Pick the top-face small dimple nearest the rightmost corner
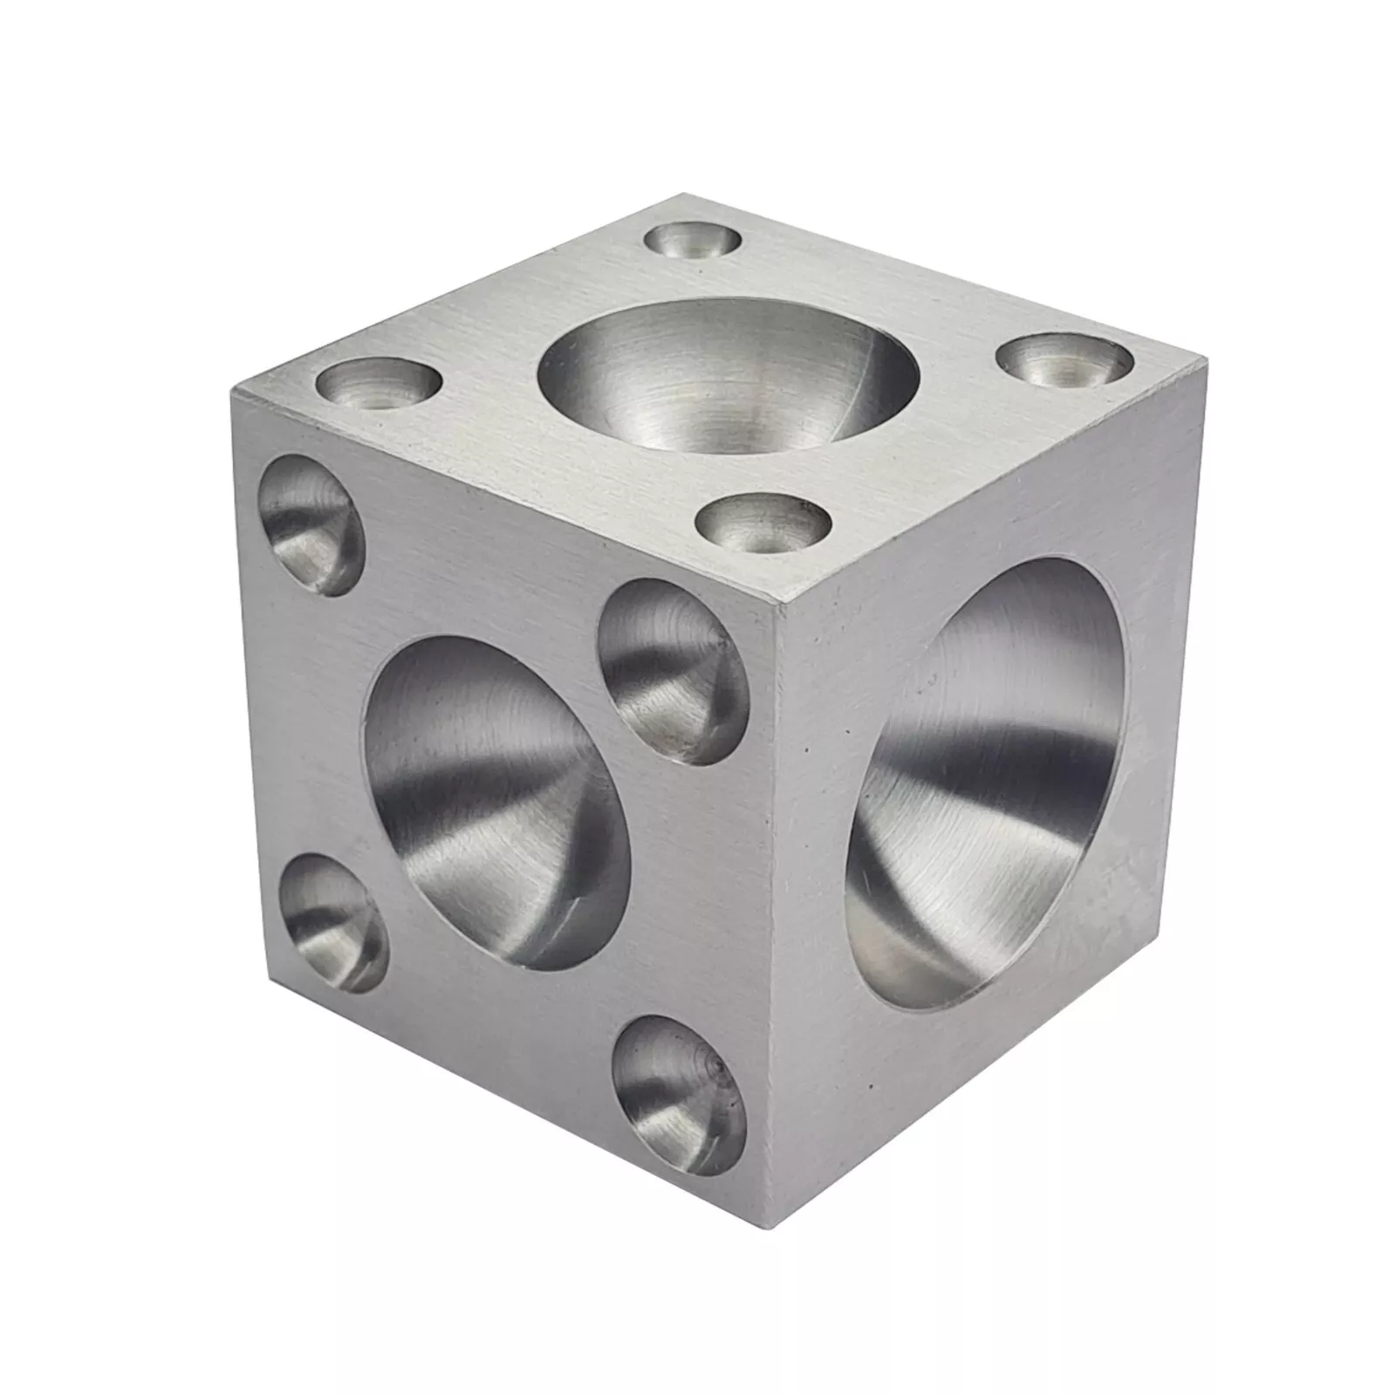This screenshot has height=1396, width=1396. tap(1064, 360)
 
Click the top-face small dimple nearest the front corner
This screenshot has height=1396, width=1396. tap(763, 524)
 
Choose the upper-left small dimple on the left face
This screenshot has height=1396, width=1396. tap(310, 525)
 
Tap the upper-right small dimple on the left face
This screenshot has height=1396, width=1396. tap(673, 672)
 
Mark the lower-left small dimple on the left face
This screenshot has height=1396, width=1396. tap(335, 923)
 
